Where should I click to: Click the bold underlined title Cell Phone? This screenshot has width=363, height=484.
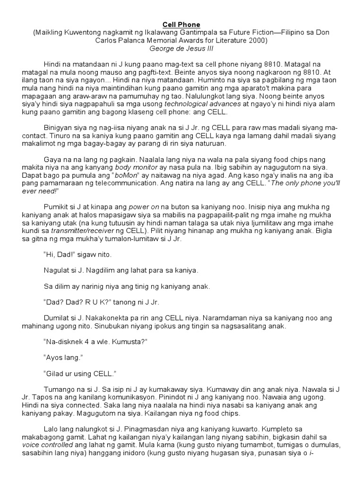pos(181,25)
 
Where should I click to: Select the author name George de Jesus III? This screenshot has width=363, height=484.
pos(181,48)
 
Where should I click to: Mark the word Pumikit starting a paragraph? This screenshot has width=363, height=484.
pos(57,207)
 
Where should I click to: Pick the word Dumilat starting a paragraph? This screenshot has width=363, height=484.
pos(58,319)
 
